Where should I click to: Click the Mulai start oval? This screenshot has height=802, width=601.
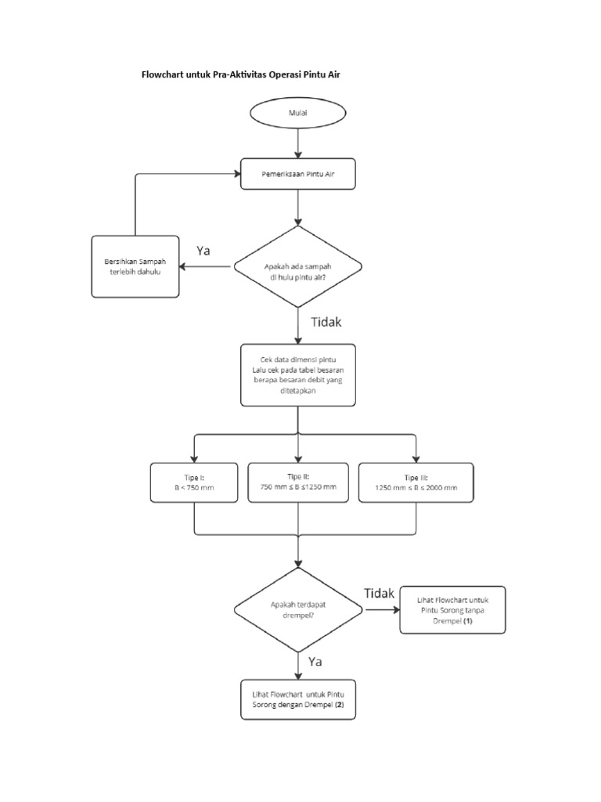[298, 113]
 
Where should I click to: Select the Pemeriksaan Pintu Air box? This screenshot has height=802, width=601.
[298, 174]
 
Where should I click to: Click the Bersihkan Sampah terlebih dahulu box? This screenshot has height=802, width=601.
[135, 266]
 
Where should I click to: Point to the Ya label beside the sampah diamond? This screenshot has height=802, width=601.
[204, 251]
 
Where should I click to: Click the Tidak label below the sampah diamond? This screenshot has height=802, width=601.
[326, 321]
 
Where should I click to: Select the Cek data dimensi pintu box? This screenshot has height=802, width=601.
[298, 374]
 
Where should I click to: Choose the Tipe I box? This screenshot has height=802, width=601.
[194, 482]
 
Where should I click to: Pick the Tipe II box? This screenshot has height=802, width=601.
[298, 482]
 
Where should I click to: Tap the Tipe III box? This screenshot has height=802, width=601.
[416, 482]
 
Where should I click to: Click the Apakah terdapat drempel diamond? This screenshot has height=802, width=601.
[298, 609]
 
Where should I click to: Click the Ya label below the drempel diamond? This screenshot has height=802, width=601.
[315, 662]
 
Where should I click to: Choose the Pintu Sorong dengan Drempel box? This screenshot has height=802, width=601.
[298, 699]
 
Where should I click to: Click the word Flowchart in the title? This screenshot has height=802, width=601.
[161, 74]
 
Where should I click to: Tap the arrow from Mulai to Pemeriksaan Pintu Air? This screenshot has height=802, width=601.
[298, 143]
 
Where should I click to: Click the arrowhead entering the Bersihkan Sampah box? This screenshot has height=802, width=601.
[182, 266]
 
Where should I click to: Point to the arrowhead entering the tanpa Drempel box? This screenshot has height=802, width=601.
[395, 609]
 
